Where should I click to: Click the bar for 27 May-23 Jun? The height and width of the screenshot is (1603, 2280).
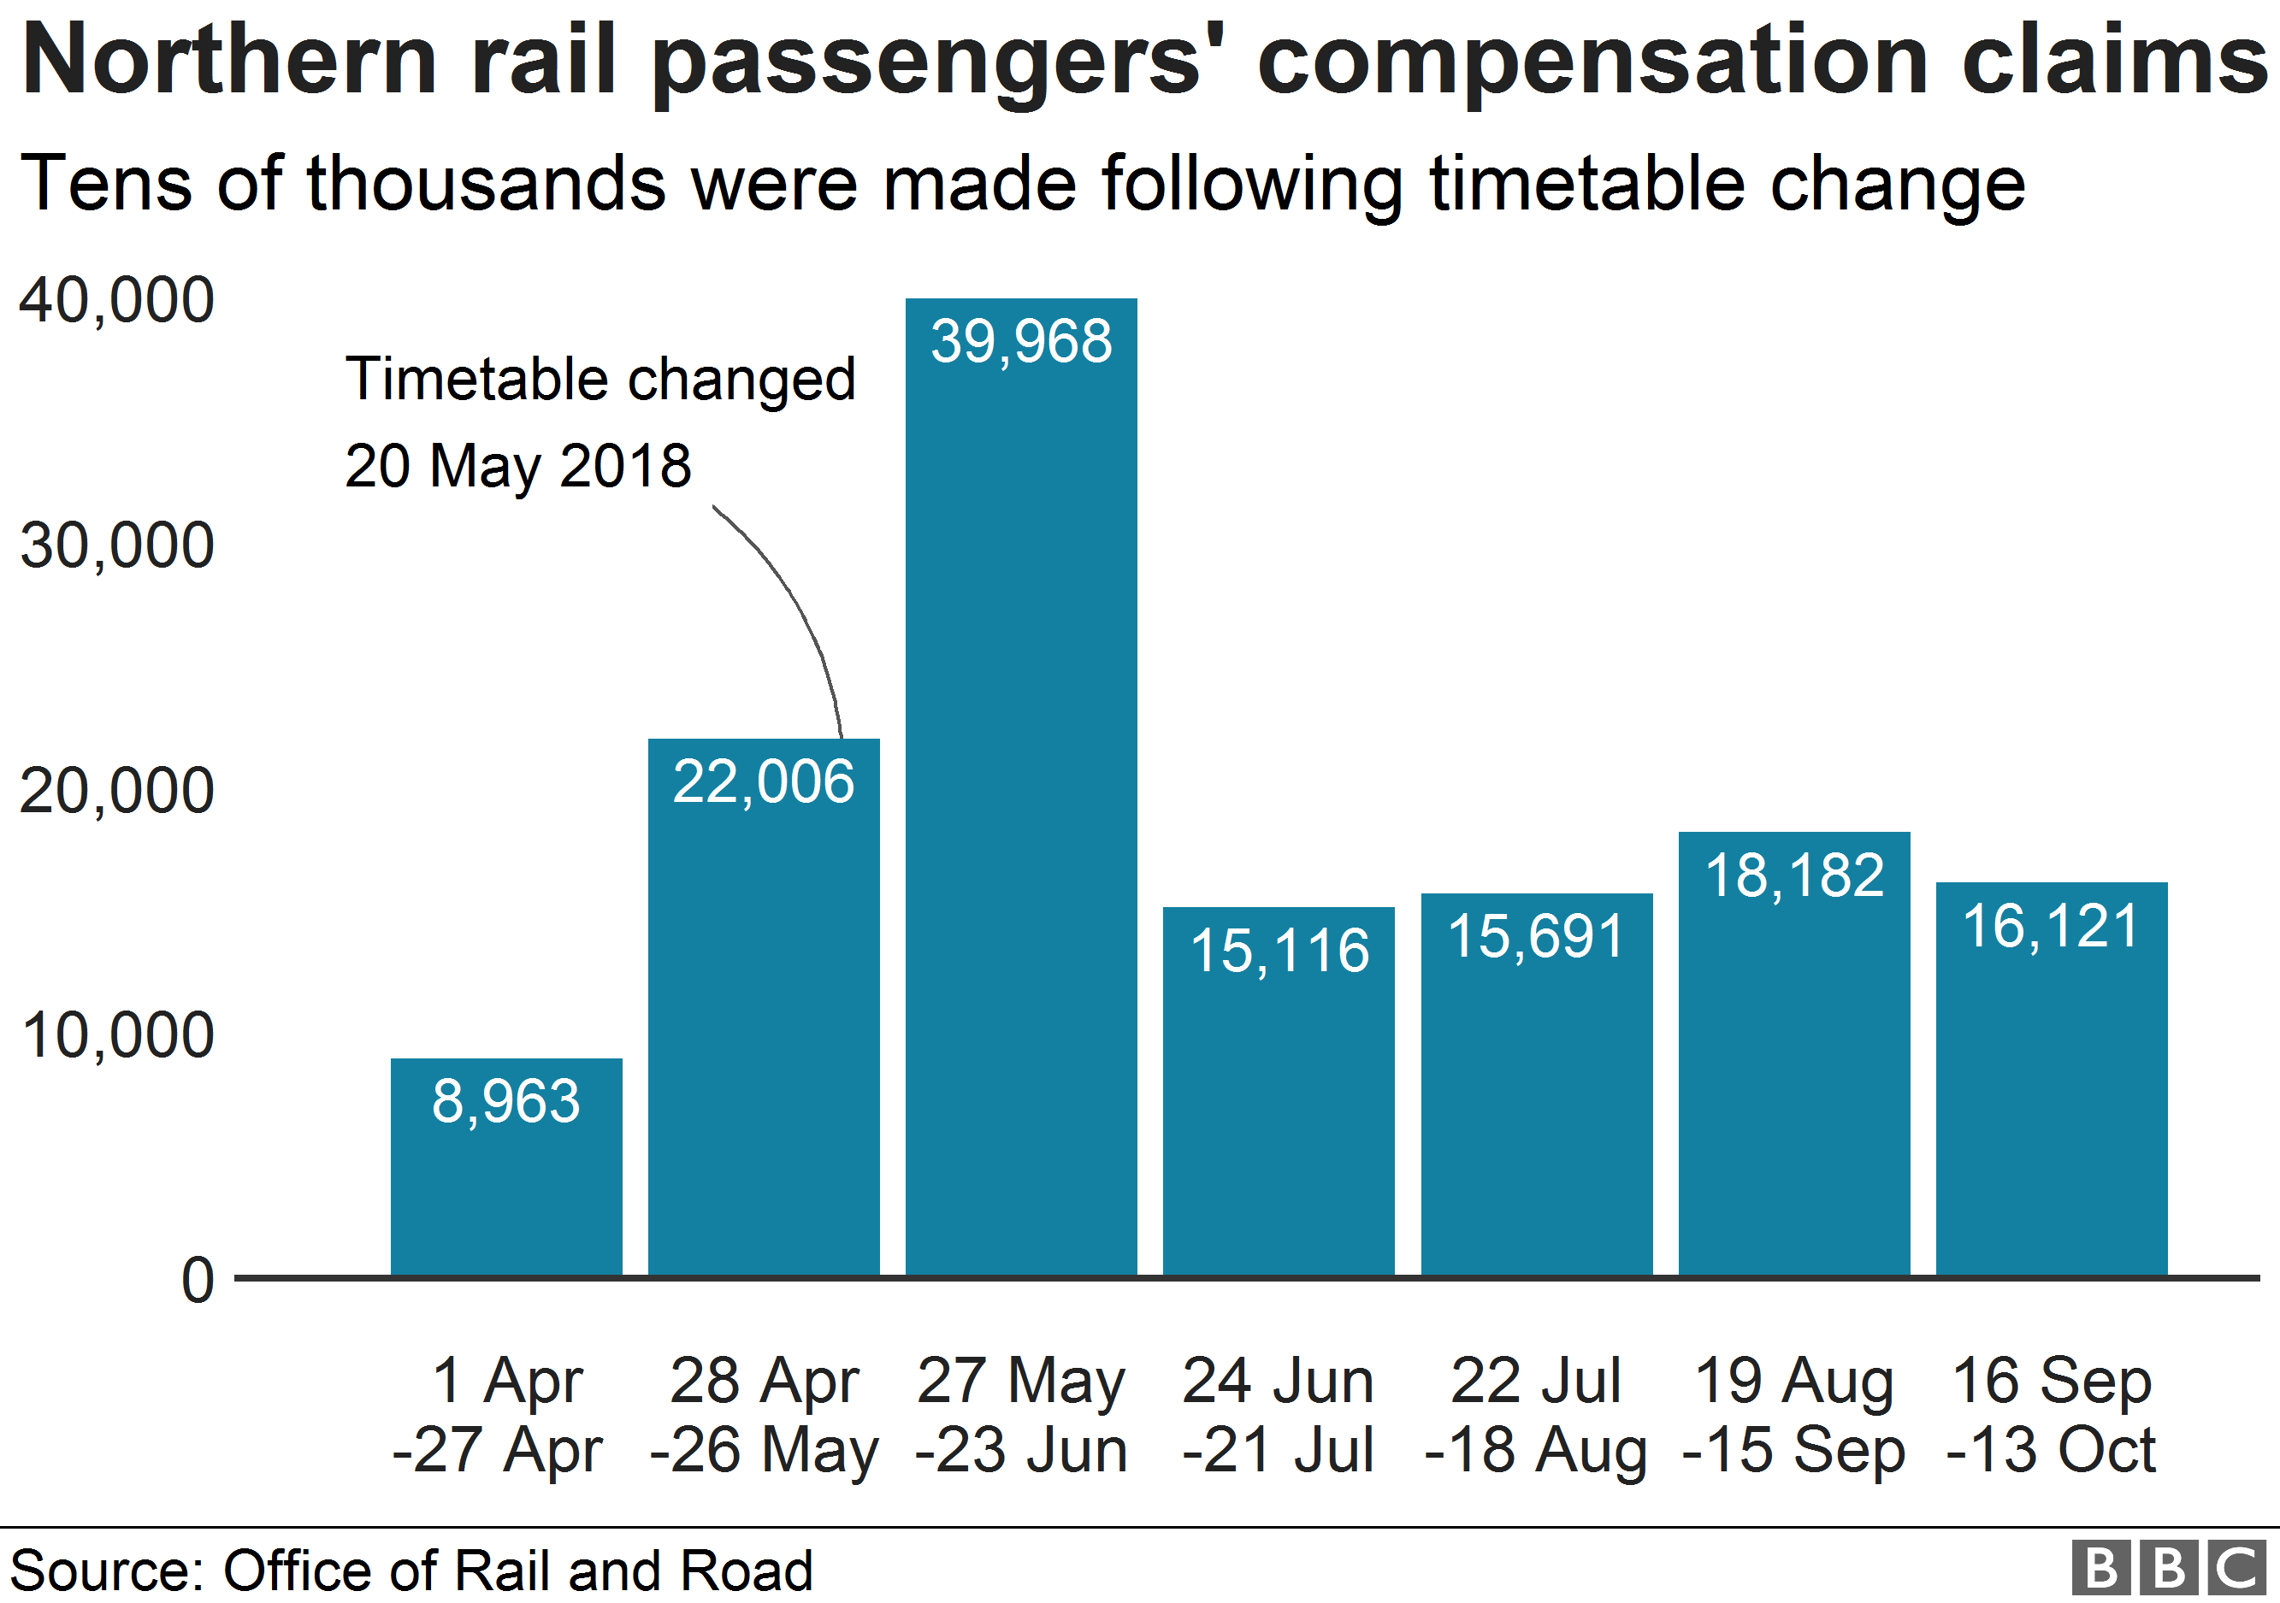coord(1021,794)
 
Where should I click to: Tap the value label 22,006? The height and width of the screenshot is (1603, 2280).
coord(763,781)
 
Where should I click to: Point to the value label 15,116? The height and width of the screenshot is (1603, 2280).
coord(1279,950)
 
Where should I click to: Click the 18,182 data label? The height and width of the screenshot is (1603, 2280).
coord(1793,875)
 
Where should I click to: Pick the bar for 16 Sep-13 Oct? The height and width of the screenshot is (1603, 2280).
coord(2051,1092)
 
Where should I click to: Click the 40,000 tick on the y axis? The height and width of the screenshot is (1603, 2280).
coord(116,300)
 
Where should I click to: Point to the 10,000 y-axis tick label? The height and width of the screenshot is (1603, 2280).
coord(116,1035)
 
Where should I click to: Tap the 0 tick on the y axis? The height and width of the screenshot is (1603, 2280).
coord(198,1281)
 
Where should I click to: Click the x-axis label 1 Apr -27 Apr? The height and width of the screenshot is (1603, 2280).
coord(500,1413)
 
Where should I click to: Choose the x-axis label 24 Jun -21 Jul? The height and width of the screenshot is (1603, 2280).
coord(1278,1413)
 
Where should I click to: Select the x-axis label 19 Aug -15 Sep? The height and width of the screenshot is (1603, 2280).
coord(1793,1413)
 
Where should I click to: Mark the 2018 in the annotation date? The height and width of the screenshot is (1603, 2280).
coord(626,466)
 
